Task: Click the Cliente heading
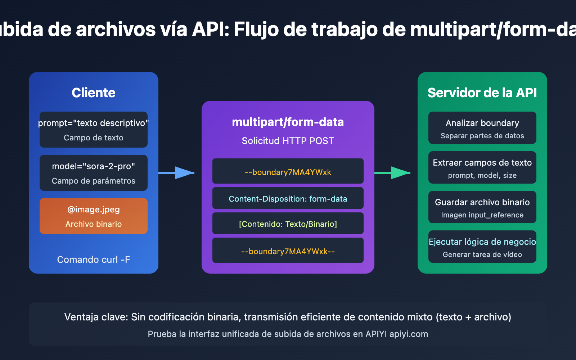(x=94, y=93)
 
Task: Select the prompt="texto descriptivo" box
(x=94, y=130)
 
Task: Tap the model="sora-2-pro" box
(x=94, y=173)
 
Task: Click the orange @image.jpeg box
(x=94, y=216)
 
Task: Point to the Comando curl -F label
(x=94, y=260)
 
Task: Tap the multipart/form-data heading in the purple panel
(x=288, y=122)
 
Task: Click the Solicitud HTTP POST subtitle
(x=288, y=141)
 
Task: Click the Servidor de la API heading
(x=482, y=93)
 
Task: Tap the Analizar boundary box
(x=482, y=128)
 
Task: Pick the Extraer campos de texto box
(x=482, y=167)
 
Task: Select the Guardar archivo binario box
(x=482, y=207)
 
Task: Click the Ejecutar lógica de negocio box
(x=482, y=247)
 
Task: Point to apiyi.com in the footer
(x=409, y=334)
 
